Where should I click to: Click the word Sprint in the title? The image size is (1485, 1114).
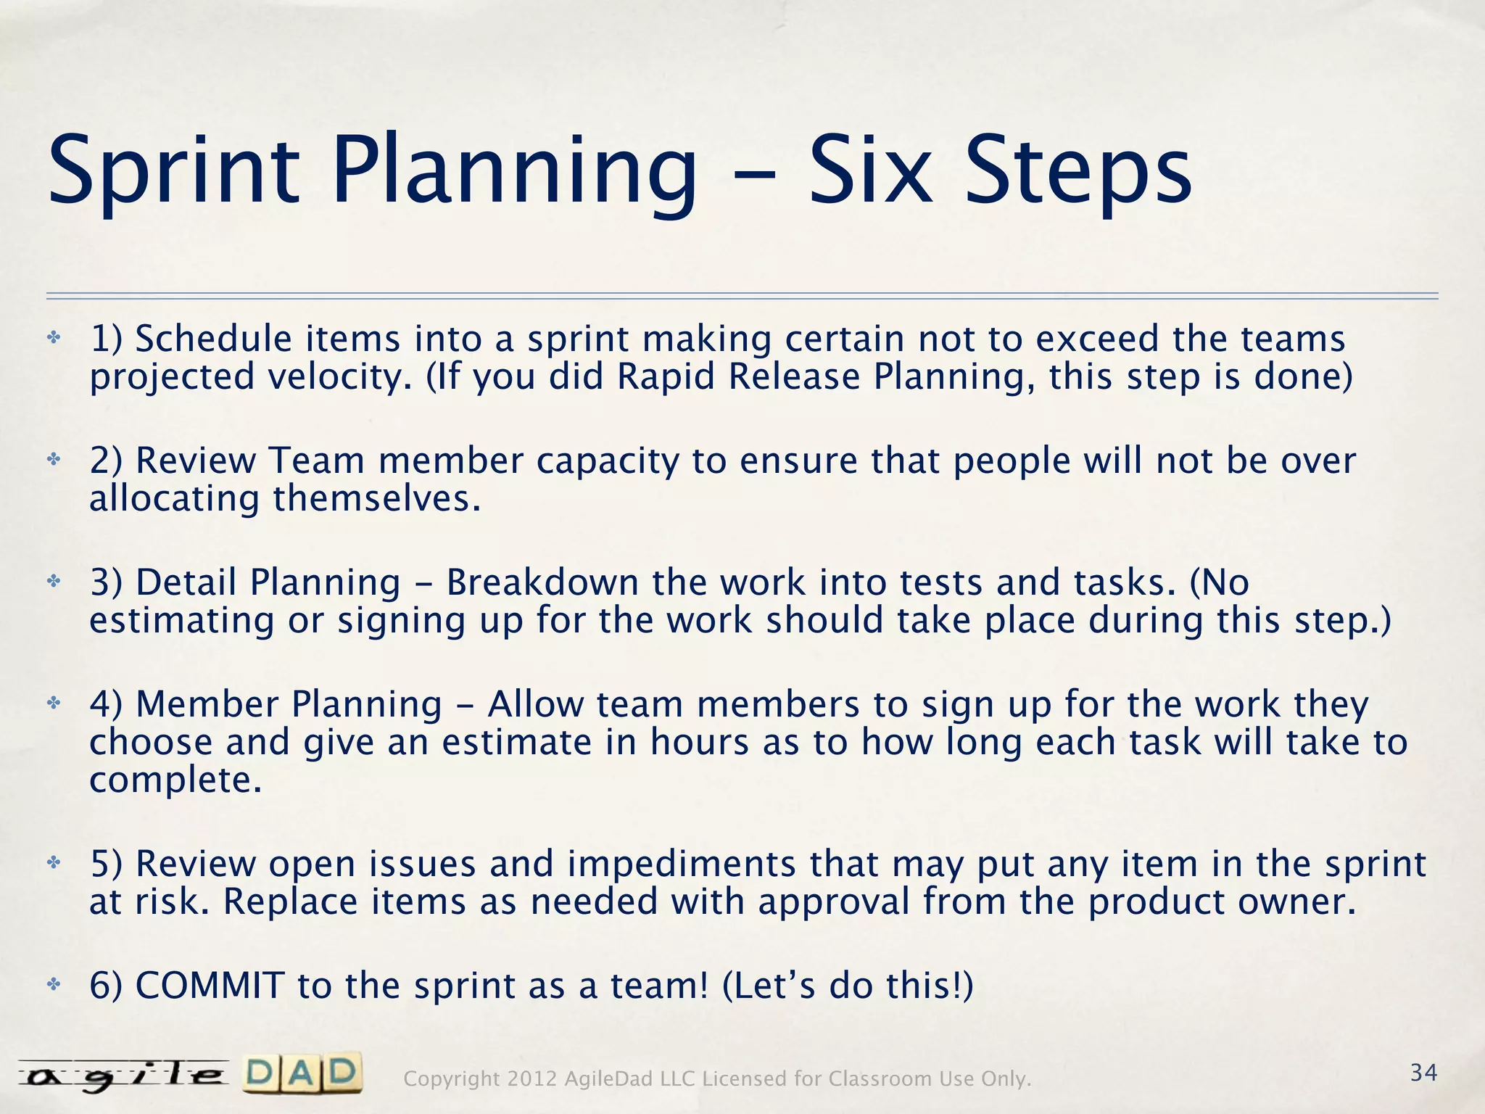pos(174,173)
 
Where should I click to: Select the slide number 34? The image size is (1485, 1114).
pos(1423,1073)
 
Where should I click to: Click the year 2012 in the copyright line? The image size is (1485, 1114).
pos(532,1079)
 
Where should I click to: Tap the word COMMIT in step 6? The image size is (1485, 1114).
pos(210,986)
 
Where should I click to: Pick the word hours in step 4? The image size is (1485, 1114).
pos(699,743)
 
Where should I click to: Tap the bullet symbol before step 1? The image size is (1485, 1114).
pos(53,338)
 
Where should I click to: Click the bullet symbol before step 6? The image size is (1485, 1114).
pos(53,984)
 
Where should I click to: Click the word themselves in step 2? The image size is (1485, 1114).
pos(376,499)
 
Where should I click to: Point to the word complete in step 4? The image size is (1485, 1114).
pos(175,781)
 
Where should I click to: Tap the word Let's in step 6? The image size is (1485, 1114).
pos(769,986)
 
